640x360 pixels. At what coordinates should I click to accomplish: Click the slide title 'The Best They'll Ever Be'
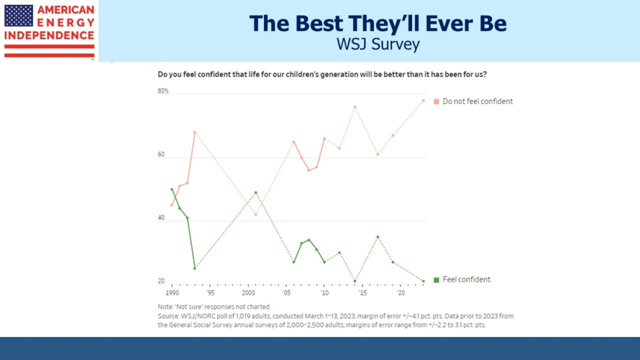click(378, 23)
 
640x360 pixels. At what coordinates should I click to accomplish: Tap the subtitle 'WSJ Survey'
click(378, 45)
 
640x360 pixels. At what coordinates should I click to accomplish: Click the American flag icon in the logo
click(19, 16)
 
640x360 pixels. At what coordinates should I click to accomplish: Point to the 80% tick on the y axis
click(163, 91)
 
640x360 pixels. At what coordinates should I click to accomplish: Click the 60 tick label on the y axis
click(162, 155)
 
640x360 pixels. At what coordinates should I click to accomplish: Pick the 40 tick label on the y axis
click(162, 218)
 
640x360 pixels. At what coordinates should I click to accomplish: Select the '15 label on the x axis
click(362, 292)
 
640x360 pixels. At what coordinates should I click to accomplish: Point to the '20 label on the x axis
click(401, 292)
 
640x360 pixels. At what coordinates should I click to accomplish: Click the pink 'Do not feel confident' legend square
click(437, 101)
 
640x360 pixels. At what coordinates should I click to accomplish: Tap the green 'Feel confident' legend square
click(437, 280)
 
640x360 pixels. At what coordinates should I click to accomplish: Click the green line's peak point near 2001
click(255, 192)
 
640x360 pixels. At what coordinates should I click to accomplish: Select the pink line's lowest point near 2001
click(255, 215)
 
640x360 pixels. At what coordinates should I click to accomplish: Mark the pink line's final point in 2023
click(424, 101)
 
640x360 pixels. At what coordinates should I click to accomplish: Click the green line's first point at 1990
click(171, 189)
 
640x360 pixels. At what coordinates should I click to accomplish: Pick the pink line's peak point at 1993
click(194, 132)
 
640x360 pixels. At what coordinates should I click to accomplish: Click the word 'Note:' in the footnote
click(166, 307)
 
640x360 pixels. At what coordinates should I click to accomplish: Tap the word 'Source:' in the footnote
click(170, 316)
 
